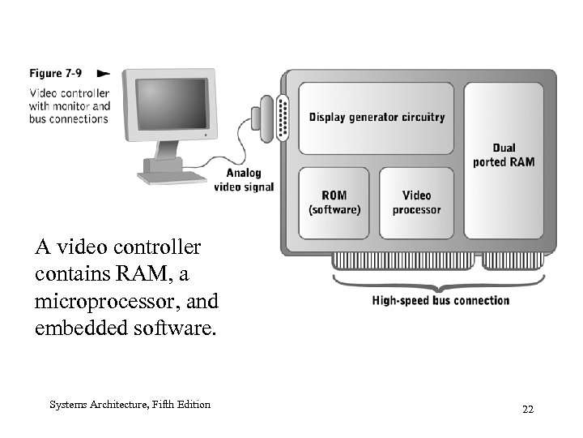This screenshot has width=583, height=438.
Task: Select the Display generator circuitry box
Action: [377, 118]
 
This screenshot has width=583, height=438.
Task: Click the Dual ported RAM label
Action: [504, 155]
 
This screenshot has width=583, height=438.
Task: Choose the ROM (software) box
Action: [334, 203]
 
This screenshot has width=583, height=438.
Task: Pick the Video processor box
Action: [416, 203]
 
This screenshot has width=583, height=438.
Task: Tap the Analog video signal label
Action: [244, 180]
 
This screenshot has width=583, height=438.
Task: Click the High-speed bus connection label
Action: [440, 301]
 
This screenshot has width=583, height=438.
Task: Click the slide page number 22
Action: [527, 410]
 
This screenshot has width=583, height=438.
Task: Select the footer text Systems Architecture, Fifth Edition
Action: [130, 405]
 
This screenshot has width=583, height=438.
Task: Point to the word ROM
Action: [334, 195]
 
